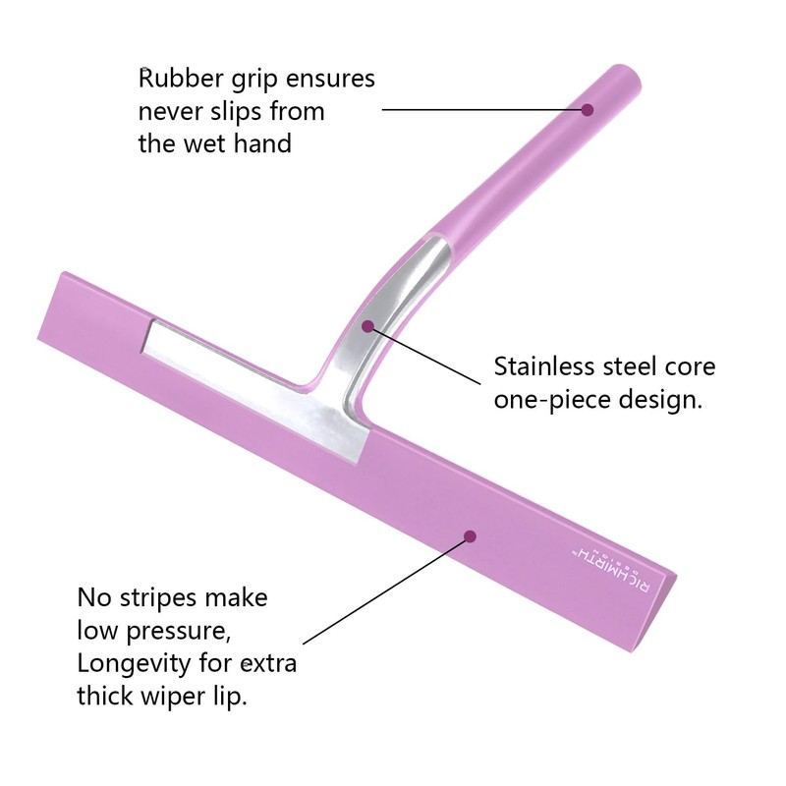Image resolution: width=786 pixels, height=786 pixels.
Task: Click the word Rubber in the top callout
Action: coord(181,79)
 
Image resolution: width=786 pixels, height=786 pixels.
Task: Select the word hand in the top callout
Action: coord(262,143)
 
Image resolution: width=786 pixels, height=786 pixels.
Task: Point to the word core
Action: coord(691,367)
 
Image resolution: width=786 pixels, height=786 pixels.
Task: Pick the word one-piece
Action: coord(551,401)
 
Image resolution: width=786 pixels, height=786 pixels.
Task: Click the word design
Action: coord(659,401)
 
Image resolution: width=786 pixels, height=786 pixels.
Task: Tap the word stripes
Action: coord(156,598)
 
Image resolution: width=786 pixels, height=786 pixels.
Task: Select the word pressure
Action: coord(178,632)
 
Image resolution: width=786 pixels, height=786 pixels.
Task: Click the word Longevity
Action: coord(134,664)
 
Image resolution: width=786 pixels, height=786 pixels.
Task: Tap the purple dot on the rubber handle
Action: coord(588,109)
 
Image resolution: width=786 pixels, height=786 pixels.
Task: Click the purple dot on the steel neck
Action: coord(367,327)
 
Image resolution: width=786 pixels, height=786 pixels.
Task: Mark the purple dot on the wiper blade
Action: coord(470,536)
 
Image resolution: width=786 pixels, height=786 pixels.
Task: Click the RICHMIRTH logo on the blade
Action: coord(610,571)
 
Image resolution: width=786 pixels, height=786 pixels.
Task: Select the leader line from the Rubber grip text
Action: coord(484,109)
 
